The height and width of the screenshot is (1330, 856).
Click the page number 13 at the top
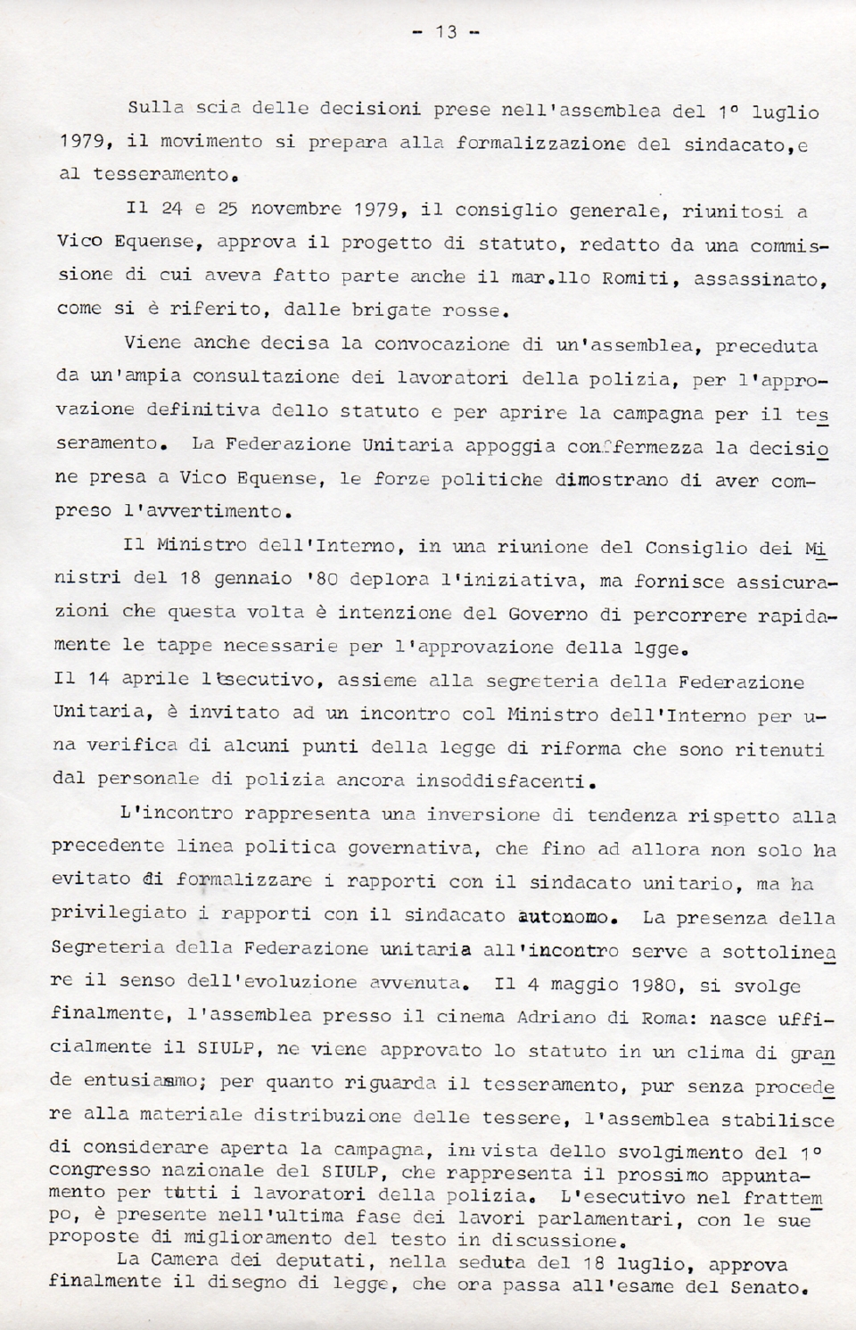pos(446,32)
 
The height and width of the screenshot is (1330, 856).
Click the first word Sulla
pos(155,108)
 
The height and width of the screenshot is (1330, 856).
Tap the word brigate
pos(403,311)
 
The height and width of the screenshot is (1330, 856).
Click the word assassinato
pos(759,280)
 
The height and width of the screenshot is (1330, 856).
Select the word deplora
pos(391,578)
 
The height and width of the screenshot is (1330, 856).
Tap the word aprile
pos(155,678)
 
